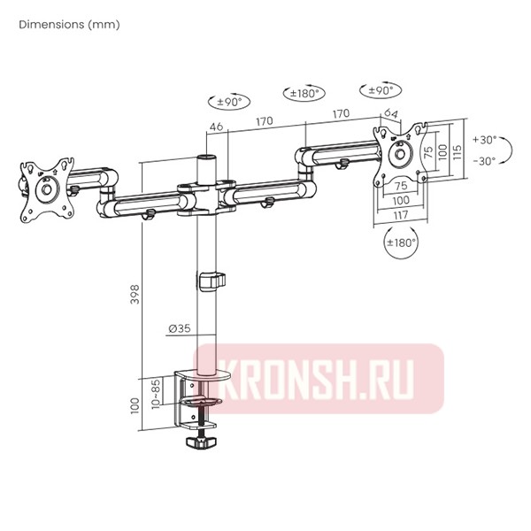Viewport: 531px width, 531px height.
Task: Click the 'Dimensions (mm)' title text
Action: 69,25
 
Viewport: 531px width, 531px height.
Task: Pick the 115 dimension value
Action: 457,150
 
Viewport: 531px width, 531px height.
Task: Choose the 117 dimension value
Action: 400,214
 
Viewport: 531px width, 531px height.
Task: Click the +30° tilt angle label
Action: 485,140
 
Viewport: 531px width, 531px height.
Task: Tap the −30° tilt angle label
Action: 485,161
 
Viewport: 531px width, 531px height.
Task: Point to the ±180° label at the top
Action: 304,93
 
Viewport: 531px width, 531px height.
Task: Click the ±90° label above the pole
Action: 227,102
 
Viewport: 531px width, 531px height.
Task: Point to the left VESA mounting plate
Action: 45,189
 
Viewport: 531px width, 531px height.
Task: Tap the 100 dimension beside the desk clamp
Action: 135,405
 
